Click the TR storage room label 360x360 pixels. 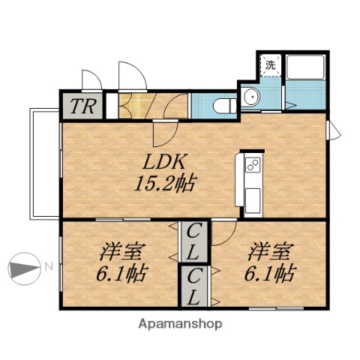(82, 106)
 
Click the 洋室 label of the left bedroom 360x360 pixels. (121, 251)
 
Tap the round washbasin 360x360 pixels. (250, 97)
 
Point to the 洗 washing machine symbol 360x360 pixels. (269, 64)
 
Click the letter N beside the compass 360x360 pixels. (46, 266)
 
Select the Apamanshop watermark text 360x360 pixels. (180, 325)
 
